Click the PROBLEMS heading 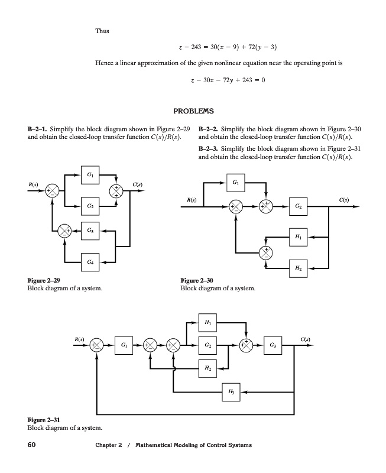[x=193, y=111]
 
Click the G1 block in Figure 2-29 [x=88, y=175]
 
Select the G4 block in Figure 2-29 [x=88, y=260]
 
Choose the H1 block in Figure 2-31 [x=207, y=322]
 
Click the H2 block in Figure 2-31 [x=207, y=368]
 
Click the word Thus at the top [x=102, y=30]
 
